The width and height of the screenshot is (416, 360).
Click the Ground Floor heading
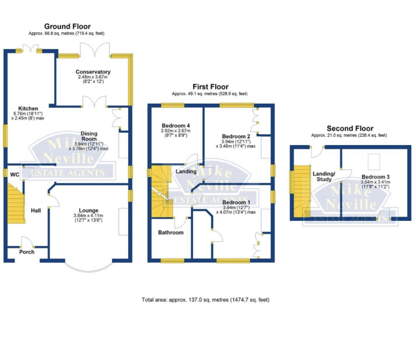tap(67, 27)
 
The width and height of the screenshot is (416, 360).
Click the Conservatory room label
tap(94, 72)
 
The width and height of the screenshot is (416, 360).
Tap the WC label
tap(8, 174)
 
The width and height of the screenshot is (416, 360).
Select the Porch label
tap(26, 252)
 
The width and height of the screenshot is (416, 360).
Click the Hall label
tap(35, 210)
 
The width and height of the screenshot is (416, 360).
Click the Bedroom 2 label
tap(234, 136)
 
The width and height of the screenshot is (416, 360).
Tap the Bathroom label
tap(171, 232)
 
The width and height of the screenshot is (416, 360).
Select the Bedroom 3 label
tap(376, 177)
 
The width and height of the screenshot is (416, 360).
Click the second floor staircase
tap(299, 191)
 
